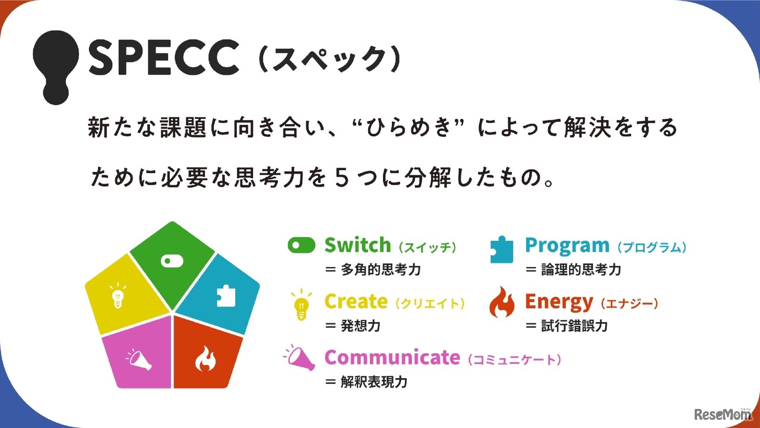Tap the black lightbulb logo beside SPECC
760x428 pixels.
tap(56, 64)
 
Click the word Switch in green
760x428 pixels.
tap(357, 245)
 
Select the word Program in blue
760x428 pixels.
tap(567, 245)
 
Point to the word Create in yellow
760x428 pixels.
tap(356, 301)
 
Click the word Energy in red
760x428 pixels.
tap(558, 302)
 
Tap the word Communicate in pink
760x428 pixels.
tap(392, 357)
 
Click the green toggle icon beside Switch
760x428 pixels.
tap(301, 246)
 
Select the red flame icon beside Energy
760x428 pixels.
tap(502, 304)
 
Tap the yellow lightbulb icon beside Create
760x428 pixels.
tap(302, 304)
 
